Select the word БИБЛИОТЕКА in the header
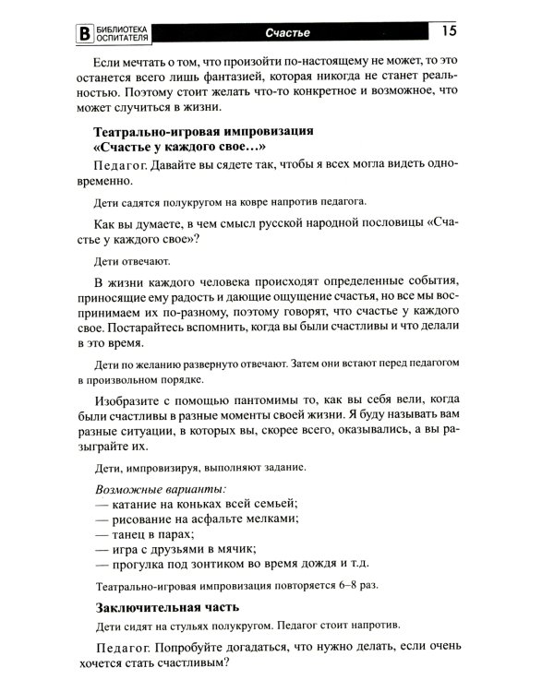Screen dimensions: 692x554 125,28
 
